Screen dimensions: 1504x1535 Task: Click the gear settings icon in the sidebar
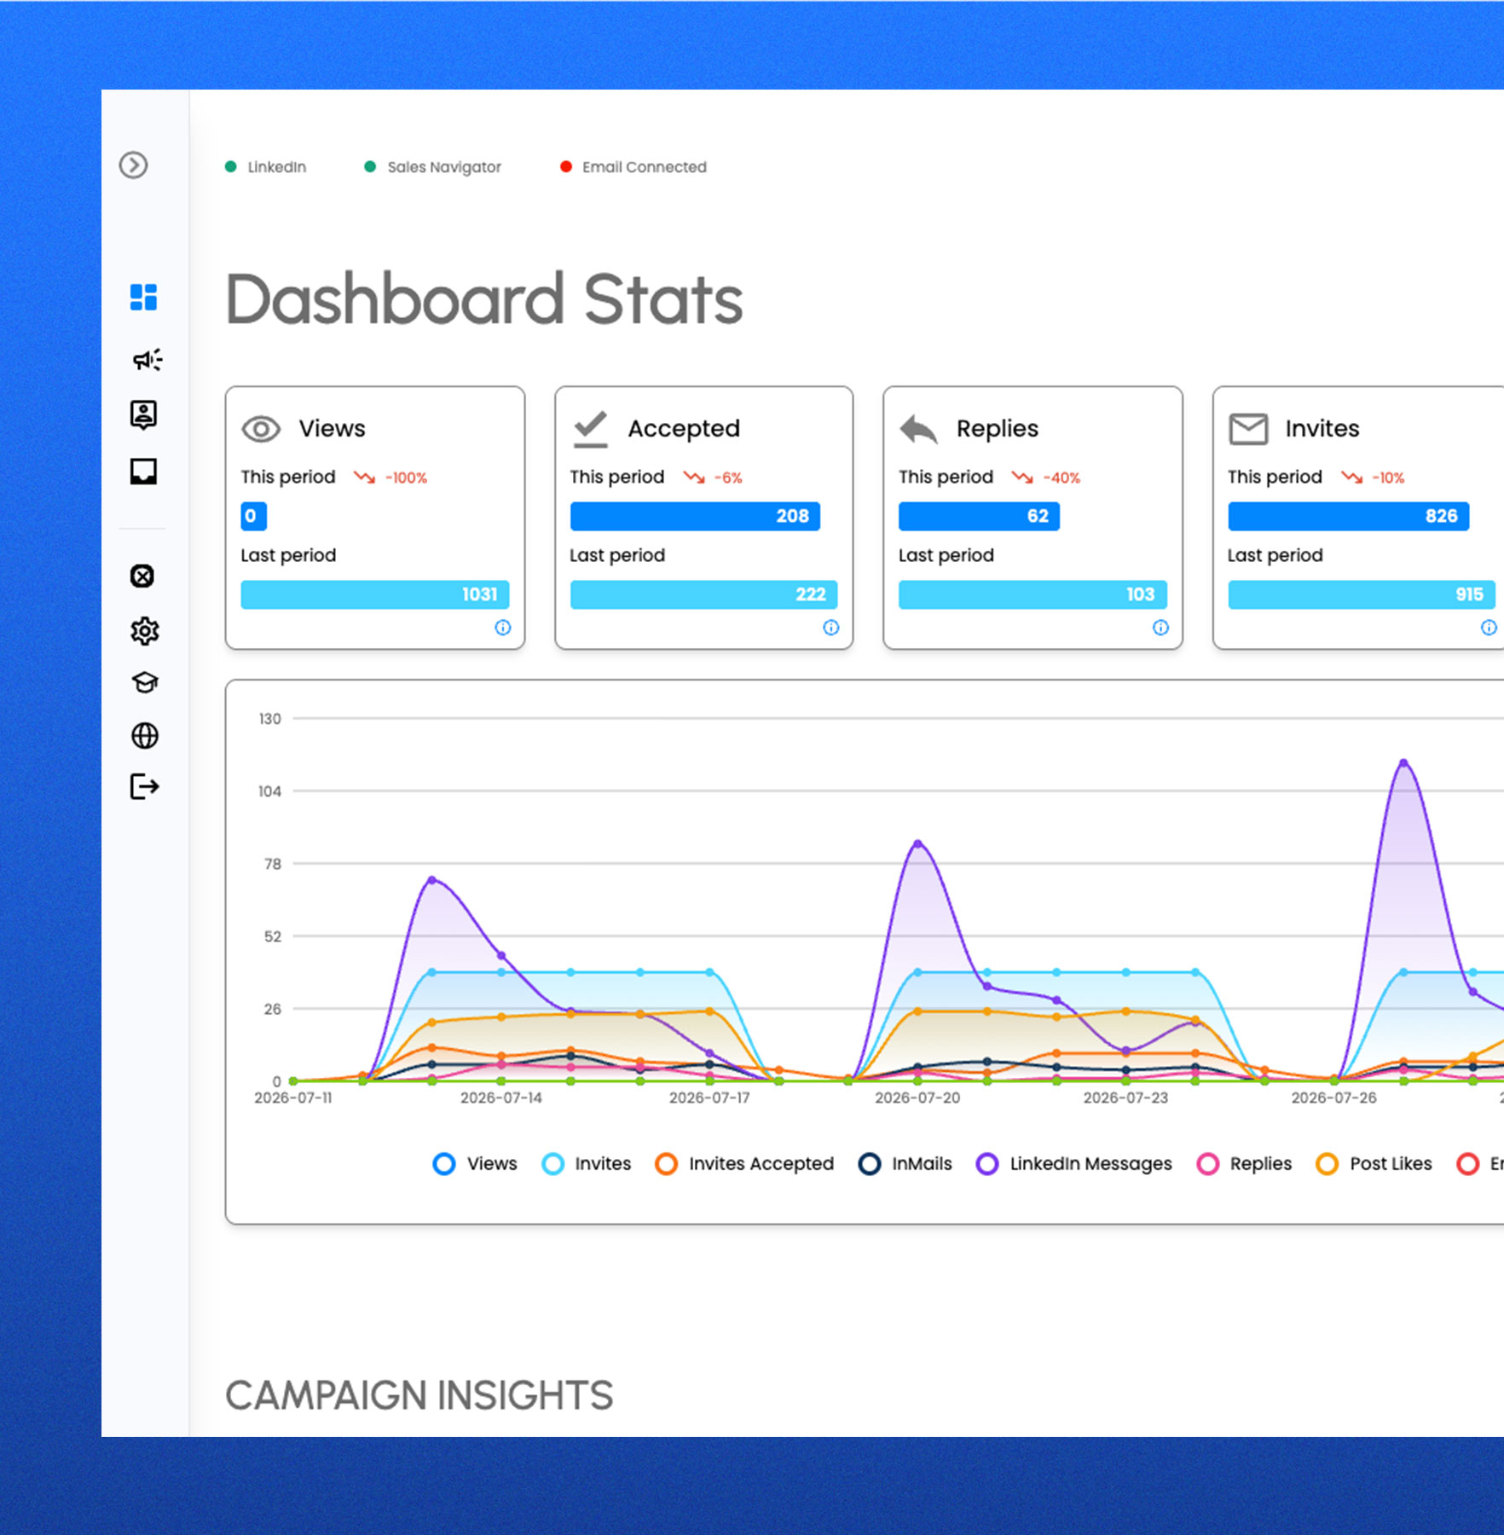(144, 631)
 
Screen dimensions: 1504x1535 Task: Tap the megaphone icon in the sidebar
(147, 360)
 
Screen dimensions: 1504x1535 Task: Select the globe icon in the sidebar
(145, 735)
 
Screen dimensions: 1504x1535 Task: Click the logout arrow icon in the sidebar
(144, 786)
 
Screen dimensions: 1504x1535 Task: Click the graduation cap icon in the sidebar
(145, 682)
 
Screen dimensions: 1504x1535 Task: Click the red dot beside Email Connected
(565, 167)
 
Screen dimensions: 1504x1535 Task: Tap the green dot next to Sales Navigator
(370, 167)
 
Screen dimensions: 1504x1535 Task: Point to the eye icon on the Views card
(261, 429)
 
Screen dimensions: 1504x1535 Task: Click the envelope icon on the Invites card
(1248, 429)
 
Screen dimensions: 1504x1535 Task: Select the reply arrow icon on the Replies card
(918, 429)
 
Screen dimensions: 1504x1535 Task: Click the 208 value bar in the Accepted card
(695, 516)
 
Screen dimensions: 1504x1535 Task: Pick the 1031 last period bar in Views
(375, 594)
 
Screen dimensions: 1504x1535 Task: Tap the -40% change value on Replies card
(1061, 478)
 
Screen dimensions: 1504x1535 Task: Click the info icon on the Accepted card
(831, 628)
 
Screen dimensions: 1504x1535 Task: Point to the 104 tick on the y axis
(269, 791)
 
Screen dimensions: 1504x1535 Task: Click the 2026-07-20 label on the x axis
(917, 1098)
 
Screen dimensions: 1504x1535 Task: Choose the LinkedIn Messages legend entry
(1074, 1164)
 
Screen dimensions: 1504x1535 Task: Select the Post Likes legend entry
(1374, 1164)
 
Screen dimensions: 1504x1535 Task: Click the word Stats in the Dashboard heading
(663, 299)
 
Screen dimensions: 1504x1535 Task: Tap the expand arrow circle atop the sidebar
(133, 165)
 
